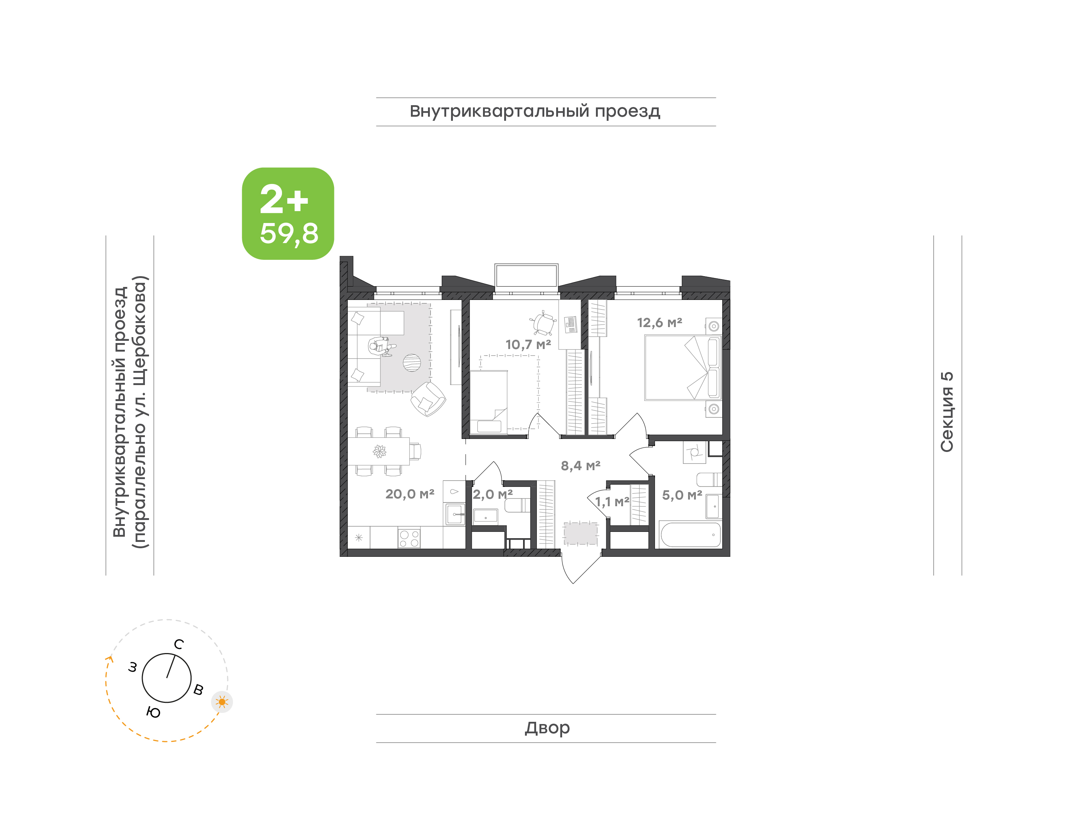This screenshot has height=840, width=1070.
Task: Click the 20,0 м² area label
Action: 409,494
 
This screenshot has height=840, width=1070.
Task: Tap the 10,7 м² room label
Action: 528,344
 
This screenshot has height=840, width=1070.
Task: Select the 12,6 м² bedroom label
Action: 659,323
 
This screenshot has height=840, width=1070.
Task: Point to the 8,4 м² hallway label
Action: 580,465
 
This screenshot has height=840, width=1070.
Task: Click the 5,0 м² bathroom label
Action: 682,495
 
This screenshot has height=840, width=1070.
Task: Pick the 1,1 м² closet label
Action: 612,502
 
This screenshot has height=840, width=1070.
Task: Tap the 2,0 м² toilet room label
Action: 493,494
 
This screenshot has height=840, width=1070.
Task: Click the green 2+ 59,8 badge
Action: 288,213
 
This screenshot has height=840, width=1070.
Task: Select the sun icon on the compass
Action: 222,702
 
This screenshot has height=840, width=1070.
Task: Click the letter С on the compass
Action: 179,644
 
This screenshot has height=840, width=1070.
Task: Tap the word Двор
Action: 547,728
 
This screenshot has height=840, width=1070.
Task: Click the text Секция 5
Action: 947,412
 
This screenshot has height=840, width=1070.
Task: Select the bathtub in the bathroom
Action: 691,534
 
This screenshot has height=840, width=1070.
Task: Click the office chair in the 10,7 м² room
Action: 543,323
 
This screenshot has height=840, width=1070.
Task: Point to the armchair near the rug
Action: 428,399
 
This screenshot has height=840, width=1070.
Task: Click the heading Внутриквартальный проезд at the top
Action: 535,112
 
